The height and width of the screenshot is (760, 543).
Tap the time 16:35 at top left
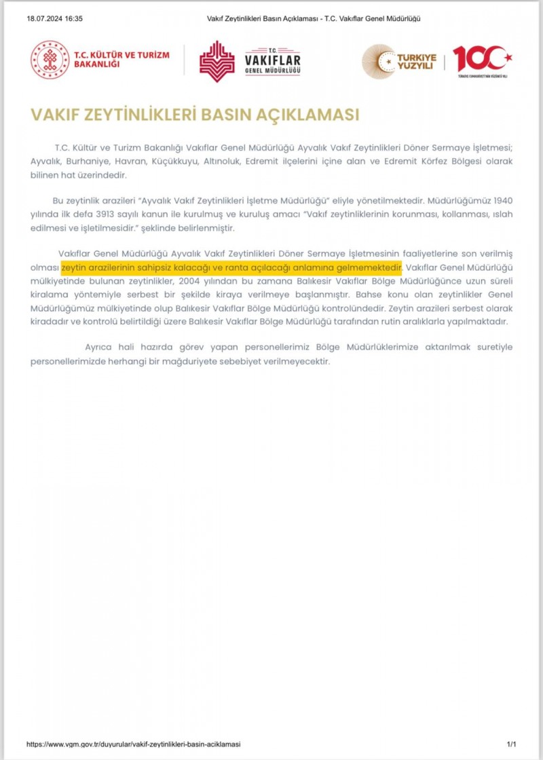click(73, 18)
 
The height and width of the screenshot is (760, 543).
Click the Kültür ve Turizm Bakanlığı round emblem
click(50, 60)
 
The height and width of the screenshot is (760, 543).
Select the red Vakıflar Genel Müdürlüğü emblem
click(217, 61)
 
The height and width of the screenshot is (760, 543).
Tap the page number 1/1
click(511, 744)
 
